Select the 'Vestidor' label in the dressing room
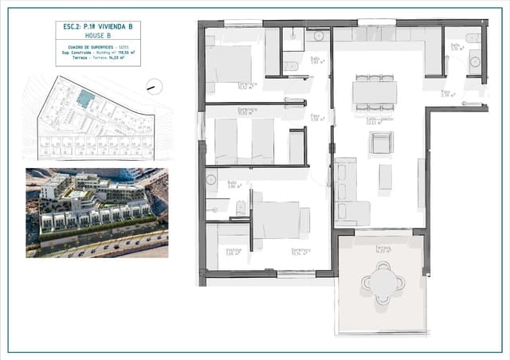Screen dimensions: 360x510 point(233,252)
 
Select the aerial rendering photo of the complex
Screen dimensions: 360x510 point(96,212)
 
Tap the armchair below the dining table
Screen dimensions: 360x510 point(380,143)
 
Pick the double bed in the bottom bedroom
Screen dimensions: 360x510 point(276,220)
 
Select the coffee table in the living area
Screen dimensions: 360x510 point(386,176)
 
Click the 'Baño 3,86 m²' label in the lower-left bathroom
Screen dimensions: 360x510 point(232,186)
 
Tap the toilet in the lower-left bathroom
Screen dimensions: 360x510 point(241,209)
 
